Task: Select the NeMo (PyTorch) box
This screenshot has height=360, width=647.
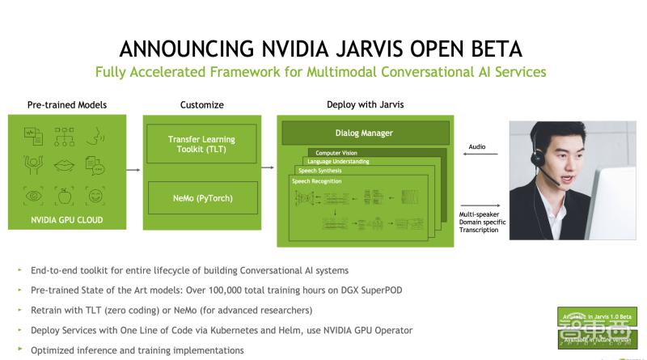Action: (200, 197)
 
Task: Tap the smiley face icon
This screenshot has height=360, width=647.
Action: (95, 196)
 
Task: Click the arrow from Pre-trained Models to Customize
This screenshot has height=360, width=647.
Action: (130, 170)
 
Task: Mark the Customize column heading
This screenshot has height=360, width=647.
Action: (201, 105)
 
